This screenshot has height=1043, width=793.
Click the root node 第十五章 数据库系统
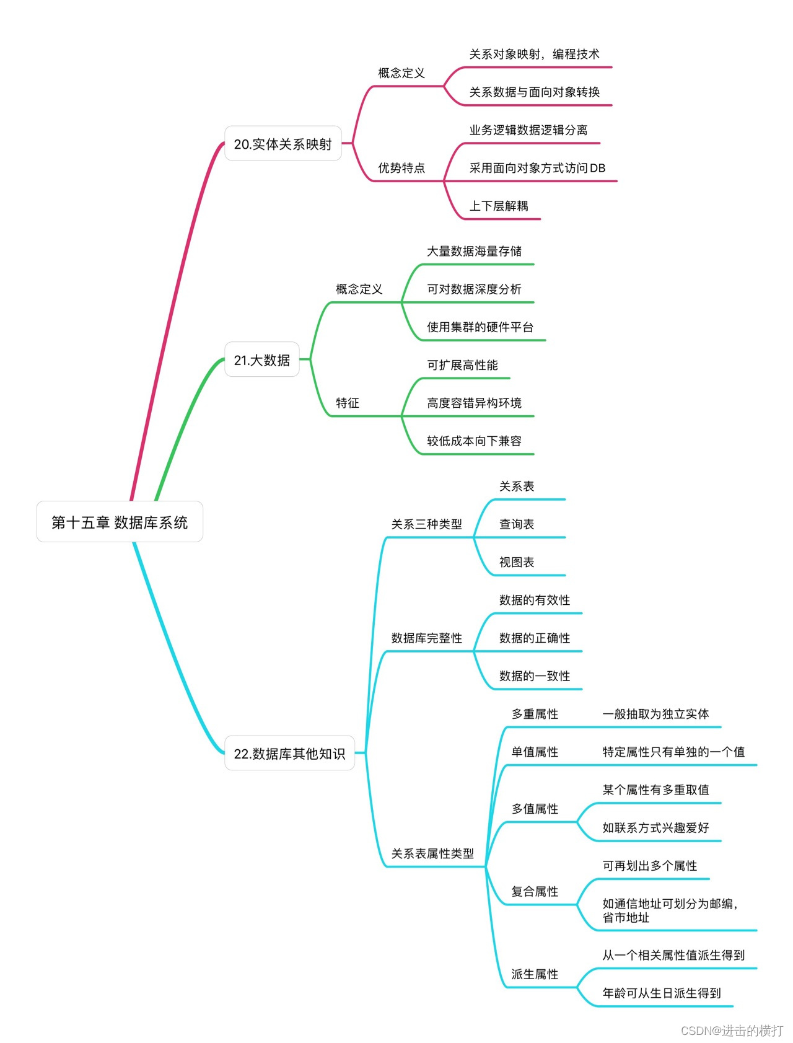pos(120,522)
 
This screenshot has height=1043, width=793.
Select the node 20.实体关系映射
pos(283,144)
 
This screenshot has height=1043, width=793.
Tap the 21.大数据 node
pos(261,359)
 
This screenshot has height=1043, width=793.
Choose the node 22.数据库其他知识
pos(289,753)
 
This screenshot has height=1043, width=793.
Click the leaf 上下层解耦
pos(499,206)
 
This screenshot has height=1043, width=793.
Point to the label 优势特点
pos(401,168)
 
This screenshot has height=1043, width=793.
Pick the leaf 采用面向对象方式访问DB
pos(537,168)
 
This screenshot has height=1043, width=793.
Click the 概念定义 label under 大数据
pos(359,289)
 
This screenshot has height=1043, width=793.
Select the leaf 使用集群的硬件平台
pos(480,327)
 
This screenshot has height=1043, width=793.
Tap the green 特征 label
pos(348,403)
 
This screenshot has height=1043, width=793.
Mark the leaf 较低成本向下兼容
pos(474,441)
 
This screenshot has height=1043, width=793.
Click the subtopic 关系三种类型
pos(426,524)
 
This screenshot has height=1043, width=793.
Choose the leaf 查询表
pos(517,524)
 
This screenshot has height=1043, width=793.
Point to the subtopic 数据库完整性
pos(426,638)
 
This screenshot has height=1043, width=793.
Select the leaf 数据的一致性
pos(535,676)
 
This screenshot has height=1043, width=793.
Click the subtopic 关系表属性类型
pos(432,853)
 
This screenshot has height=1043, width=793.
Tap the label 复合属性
pos(535,891)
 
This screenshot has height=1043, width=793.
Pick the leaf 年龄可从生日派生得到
pos(662,993)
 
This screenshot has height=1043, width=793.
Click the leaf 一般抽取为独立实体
pos(655,713)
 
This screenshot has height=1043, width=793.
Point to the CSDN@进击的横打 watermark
pos(732,1030)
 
